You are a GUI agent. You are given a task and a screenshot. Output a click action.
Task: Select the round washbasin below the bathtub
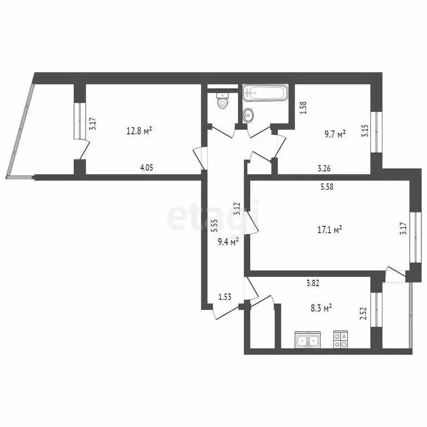pos(249,115)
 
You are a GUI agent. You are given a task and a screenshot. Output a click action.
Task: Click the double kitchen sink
pos(308,339)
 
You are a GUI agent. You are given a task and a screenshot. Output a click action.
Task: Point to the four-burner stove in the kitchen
pos(340,339)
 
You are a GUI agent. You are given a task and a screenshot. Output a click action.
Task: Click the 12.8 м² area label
pos(139,131)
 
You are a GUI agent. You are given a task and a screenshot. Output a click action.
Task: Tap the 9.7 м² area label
pos(334,133)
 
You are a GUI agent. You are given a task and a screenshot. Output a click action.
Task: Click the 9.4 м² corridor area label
pos(228,241)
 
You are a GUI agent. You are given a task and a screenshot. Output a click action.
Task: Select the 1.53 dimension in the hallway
pos(225,297)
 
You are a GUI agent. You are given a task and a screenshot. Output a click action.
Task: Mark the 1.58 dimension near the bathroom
pos(303,107)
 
